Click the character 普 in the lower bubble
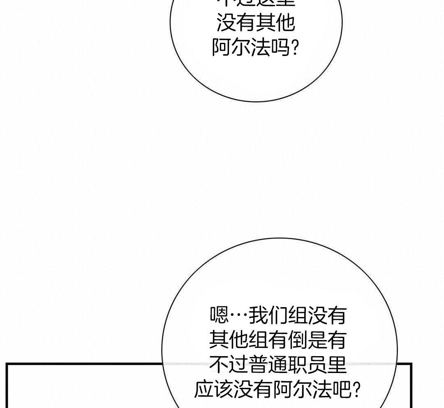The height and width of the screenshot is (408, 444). pyautogui.click(x=258, y=365)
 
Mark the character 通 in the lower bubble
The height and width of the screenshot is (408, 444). pyautogui.click(x=278, y=365)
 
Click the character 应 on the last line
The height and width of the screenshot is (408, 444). pyautogui.click(x=203, y=389)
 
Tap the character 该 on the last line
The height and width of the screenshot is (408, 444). pyautogui.click(x=223, y=389)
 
